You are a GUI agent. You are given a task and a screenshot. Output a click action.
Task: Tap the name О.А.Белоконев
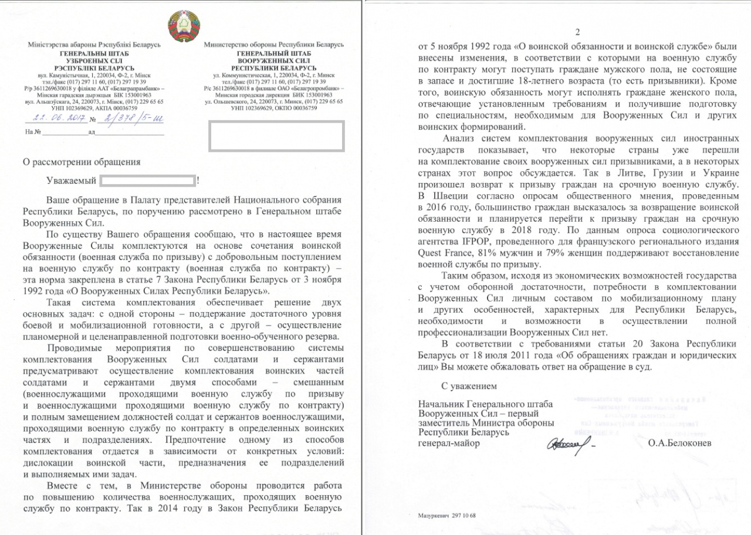click(x=680, y=443)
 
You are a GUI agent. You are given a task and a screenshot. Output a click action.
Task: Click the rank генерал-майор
click(x=448, y=443)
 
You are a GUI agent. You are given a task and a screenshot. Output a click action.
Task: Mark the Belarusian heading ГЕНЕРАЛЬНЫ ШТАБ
click(x=92, y=53)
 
